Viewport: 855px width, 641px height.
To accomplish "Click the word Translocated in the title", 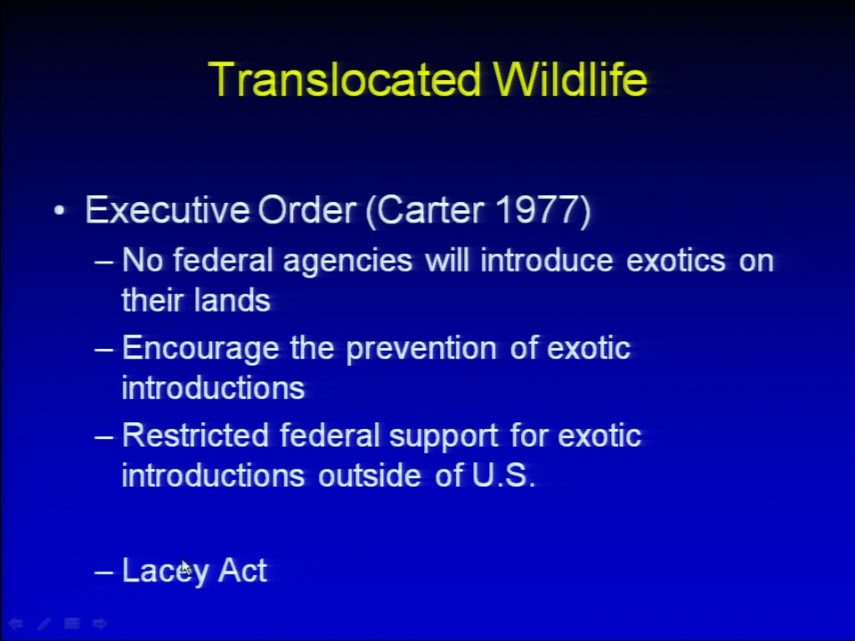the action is pos(345,79).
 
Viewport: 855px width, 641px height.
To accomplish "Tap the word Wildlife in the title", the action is pos(570,79).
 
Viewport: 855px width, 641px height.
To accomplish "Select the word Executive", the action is pos(167,210).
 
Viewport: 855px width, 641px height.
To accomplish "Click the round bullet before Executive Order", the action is pos(60,210).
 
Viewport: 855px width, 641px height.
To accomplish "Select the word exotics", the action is pos(676,261).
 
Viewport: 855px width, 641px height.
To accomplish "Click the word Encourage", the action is pos(200,349).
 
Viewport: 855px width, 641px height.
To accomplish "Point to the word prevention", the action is pos(421,349).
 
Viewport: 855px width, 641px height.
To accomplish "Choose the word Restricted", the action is pos(195,435).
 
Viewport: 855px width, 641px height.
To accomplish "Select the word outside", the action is pos(369,475).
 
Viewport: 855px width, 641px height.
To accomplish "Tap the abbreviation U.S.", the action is pos(503,475).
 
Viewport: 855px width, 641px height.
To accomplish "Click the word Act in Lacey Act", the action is pos(242,571).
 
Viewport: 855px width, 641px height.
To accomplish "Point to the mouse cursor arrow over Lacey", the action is pos(186,567).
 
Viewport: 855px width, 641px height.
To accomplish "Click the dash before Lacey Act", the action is pos(104,572).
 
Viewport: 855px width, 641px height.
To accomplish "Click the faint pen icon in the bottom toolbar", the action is pos(44,623).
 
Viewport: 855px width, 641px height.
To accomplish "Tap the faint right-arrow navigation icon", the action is pos(100,623).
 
